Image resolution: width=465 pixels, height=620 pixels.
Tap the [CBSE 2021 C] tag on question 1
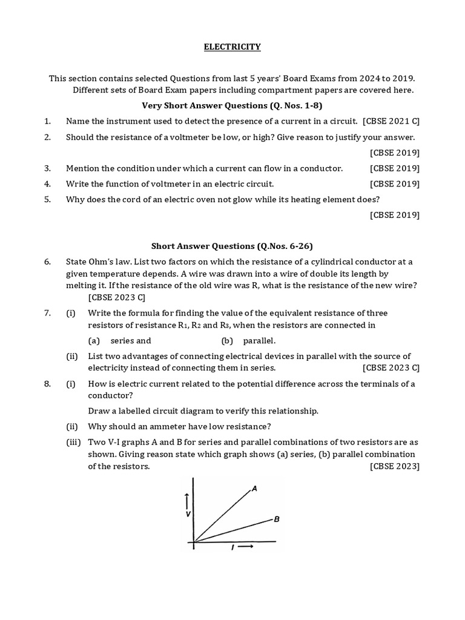(x=391, y=121)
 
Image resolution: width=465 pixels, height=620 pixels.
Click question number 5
(x=47, y=199)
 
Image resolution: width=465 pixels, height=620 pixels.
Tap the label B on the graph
(x=276, y=519)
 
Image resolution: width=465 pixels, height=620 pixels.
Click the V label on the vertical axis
(x=189, y=513)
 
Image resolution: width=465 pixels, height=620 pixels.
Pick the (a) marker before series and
(x=94, y=341)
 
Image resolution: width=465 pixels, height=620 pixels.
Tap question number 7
(x=47, y=313)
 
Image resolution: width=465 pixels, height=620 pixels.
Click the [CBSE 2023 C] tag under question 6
(x=117, y=297)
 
